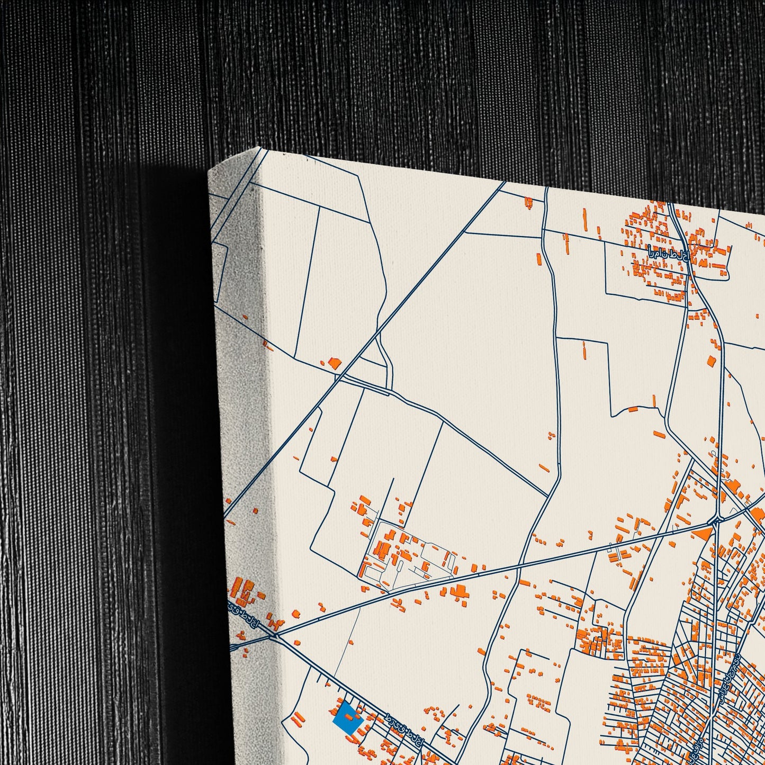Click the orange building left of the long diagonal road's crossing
pyautogui.click(x=334, y=363)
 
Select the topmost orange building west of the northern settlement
pyautogui.click(x=528, y=201)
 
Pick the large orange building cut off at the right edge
pyautogui.click(x=757, y=514)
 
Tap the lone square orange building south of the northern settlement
pyautogui.click(x=712, y=361)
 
